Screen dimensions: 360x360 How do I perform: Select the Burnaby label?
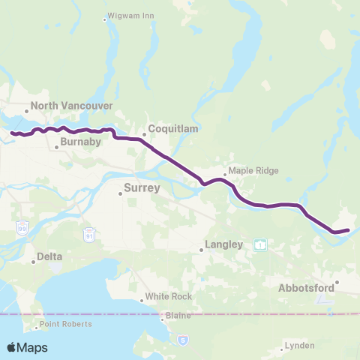click(x=79, y=140)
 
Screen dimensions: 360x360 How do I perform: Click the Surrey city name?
click(x=142, y=187)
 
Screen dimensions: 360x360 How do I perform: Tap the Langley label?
click(x=224, y=244)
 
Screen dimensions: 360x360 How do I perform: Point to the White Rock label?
click(x=169, y=296)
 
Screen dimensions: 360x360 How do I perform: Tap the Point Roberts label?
click(x=66, y=324)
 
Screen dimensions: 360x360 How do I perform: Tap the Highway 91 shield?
click(x=89, y=235)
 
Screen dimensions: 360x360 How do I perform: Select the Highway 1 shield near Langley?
click(x=259, y=244)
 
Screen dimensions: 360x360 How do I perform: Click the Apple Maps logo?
click(x=27, y=347)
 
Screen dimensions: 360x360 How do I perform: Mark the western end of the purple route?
click(x=12, y=133)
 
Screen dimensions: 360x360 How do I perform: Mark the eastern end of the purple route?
click(x=349, y=229)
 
